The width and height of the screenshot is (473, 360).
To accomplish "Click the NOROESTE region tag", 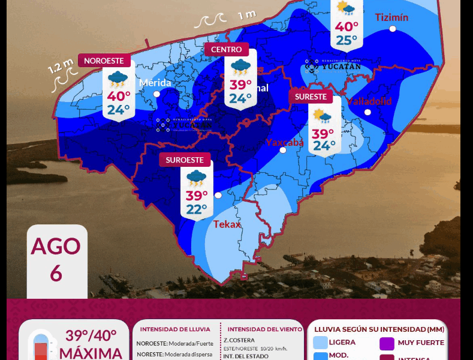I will (x=104, y=61).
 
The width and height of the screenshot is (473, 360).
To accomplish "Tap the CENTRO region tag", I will (x=226, y=49).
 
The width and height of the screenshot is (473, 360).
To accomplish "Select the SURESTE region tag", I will (x=311, y=97).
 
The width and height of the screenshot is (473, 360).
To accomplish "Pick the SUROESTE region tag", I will (x=185, y=160).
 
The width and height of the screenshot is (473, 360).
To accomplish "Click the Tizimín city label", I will (x=391, y=17).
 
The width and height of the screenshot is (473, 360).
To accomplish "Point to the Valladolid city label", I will (x=369, y=101).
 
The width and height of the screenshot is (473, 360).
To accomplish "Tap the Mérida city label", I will (x=155, y=83).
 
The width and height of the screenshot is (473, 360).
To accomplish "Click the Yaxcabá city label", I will (x=285, y=142).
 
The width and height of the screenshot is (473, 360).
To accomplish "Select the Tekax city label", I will (x=227, y=224).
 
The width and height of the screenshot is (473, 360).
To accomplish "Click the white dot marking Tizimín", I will (x=393, y=29).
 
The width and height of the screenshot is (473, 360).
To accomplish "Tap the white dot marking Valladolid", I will (x=367, y=112).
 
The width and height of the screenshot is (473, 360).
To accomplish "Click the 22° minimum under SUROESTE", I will (x=197, y=209).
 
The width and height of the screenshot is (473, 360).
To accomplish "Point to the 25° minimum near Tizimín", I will (x=347, y=40).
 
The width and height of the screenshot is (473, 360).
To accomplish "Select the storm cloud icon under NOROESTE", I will (x=118, y=78).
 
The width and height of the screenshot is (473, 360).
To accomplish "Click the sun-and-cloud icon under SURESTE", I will (x=323, y=116).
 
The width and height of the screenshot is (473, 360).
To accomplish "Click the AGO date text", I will (x=56, y=246).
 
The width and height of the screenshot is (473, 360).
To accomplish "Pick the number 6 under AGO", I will (x=56, y=273).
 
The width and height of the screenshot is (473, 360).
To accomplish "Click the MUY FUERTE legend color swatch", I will (x=387, y=344).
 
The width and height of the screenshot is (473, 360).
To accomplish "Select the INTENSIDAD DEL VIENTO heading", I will (x=264, y=329).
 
